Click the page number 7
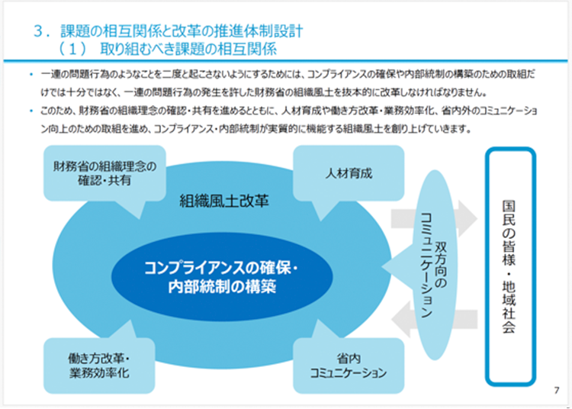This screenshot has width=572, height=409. point(556,391)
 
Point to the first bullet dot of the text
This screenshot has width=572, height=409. point(30,76)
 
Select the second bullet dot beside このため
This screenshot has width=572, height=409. point(30,111)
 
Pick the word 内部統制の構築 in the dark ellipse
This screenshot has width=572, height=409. point(222,288)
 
